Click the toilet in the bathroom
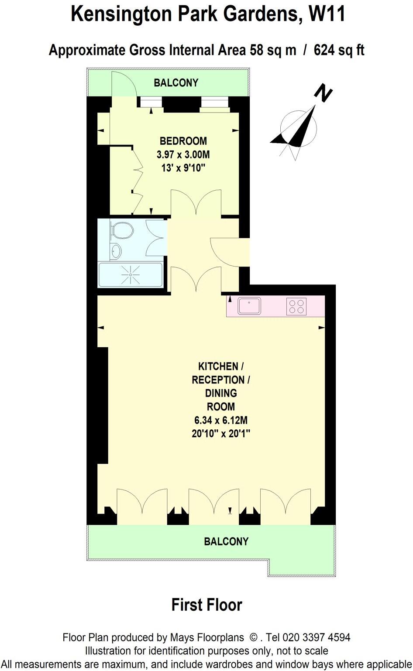point(122,230)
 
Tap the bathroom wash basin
point(116,251)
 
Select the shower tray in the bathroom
point(131,274)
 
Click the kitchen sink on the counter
point(249,305)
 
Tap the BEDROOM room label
point(183,141)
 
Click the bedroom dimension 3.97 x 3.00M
point(183,154)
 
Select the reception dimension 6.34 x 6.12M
point(221,420)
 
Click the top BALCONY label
point(176,82)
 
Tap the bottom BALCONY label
point(226,541)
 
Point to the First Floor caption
point(206,605)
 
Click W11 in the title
point(327,14)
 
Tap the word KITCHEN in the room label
point(218,366)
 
